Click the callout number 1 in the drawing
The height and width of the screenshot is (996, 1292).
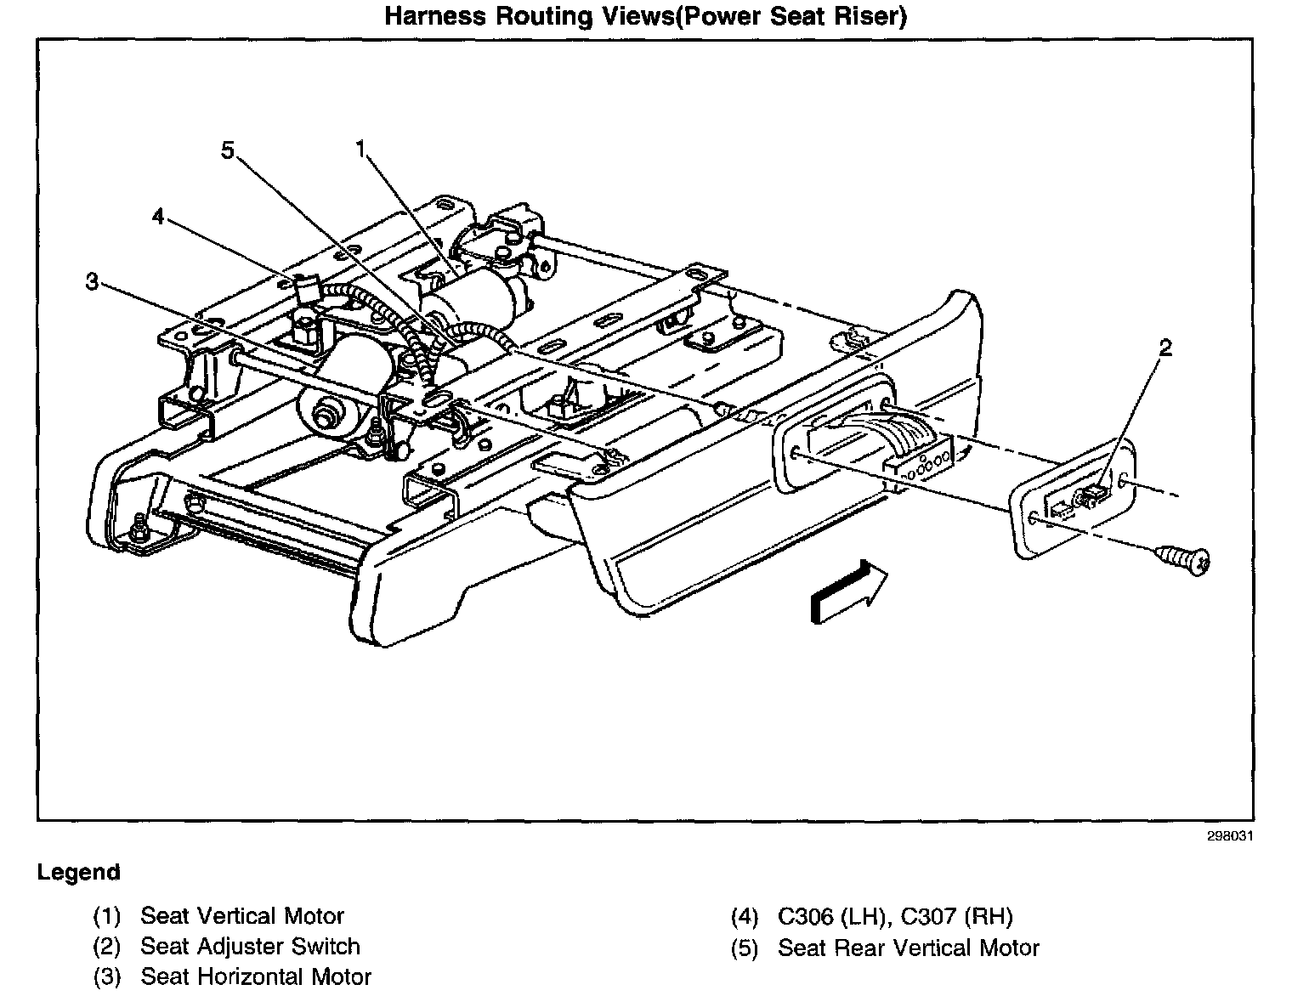[x=360, y=150]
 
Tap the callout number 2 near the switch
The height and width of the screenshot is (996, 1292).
[x=1165, y=348]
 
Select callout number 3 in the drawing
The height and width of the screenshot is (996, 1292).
[x=93, y=281]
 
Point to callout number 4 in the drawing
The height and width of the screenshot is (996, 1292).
[x=158, y=217]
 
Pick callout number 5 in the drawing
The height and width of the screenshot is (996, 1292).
[x=227, y=150]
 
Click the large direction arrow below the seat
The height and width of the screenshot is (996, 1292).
[x=848, y=591]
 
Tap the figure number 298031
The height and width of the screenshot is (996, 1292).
[x=1229, y=835]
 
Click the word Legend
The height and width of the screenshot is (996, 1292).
[x=78, y=873]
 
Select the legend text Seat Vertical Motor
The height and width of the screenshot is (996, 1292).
[x=241, y=916]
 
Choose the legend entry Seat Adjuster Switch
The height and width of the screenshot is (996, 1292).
[x=250, y=947]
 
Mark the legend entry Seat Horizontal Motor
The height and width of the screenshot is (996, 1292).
[x=255, y=977]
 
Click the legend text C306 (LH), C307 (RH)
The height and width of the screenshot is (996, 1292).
[x=895, y=916]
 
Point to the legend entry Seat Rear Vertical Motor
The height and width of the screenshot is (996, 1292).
[x=908, y=948]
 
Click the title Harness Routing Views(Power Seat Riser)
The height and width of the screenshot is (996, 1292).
[x=646, y=17]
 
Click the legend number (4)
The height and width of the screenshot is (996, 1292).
[x=744, y=917]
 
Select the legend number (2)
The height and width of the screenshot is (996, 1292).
[x=107, y=947]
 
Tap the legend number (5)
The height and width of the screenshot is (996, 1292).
[x=744, y=948]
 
